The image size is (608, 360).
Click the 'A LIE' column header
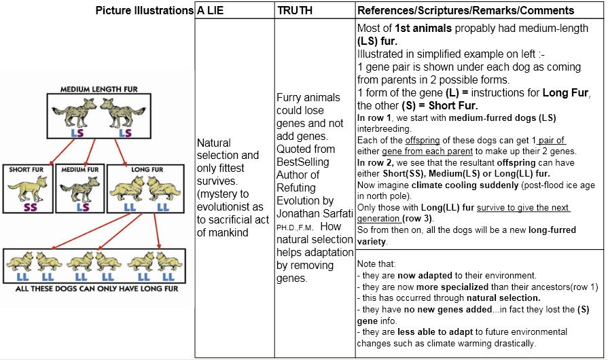coord(210,10)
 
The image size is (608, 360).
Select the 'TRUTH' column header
coord(295,10)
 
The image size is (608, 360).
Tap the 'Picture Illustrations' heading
coord(144,10)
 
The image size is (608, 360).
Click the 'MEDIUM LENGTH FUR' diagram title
coord(99,89)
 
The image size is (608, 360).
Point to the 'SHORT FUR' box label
coord(26,169)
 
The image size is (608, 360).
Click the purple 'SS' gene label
coord(31,207)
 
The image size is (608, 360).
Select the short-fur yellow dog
coord(28,188)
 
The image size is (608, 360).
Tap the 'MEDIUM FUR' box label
coord(80,169)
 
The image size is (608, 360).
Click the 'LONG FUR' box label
coord(147,169)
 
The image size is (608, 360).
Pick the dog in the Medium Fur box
coord(80,189)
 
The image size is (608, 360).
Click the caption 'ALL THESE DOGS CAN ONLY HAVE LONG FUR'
coord(97,289)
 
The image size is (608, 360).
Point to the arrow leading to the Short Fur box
coord(62,152)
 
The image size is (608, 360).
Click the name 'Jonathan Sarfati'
coord(315,213)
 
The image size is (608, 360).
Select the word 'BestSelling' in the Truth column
coord(302,162)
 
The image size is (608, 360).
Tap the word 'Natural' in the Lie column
coord(214,143)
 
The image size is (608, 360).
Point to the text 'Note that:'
coord(376,264)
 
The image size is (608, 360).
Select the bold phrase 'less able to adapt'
coord(435,332)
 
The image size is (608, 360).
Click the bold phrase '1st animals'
coord(423,29)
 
